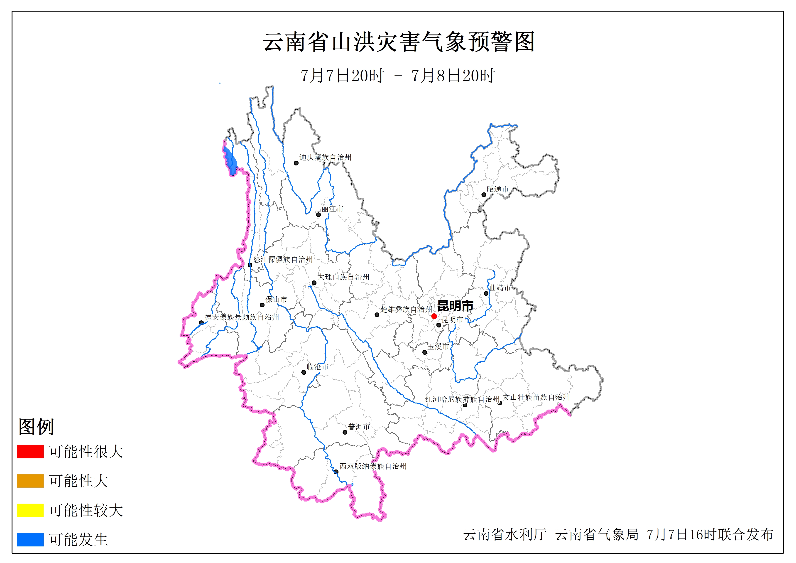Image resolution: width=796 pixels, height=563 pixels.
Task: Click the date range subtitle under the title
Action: (398, 76)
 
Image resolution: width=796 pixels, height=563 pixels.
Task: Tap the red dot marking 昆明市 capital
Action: (434, 316)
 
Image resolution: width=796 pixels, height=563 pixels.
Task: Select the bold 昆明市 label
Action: (455, 306)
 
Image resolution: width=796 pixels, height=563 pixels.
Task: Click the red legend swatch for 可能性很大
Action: (30, 451)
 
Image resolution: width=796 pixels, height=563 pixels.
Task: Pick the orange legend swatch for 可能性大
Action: (30, 481)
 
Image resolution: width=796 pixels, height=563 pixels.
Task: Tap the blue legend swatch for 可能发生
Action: (30, 539)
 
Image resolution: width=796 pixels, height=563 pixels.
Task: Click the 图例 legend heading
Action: (36, 427)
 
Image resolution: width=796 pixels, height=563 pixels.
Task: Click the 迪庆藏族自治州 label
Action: (325, 157)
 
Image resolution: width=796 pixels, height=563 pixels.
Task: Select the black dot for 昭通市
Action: (484, 195)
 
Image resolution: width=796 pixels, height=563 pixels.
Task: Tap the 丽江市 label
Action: (332, 209)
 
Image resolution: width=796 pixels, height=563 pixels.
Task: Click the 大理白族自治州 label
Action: (343, 277)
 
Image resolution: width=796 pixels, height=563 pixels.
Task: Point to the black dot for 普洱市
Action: (345, 432)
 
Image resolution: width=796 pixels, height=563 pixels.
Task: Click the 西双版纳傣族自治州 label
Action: (373, 466)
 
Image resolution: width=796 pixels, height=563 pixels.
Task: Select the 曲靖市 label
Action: (500, 288)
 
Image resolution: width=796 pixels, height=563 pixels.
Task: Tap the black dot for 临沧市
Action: (304, 373)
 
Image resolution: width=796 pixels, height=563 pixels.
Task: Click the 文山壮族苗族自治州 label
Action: (536, 397)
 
